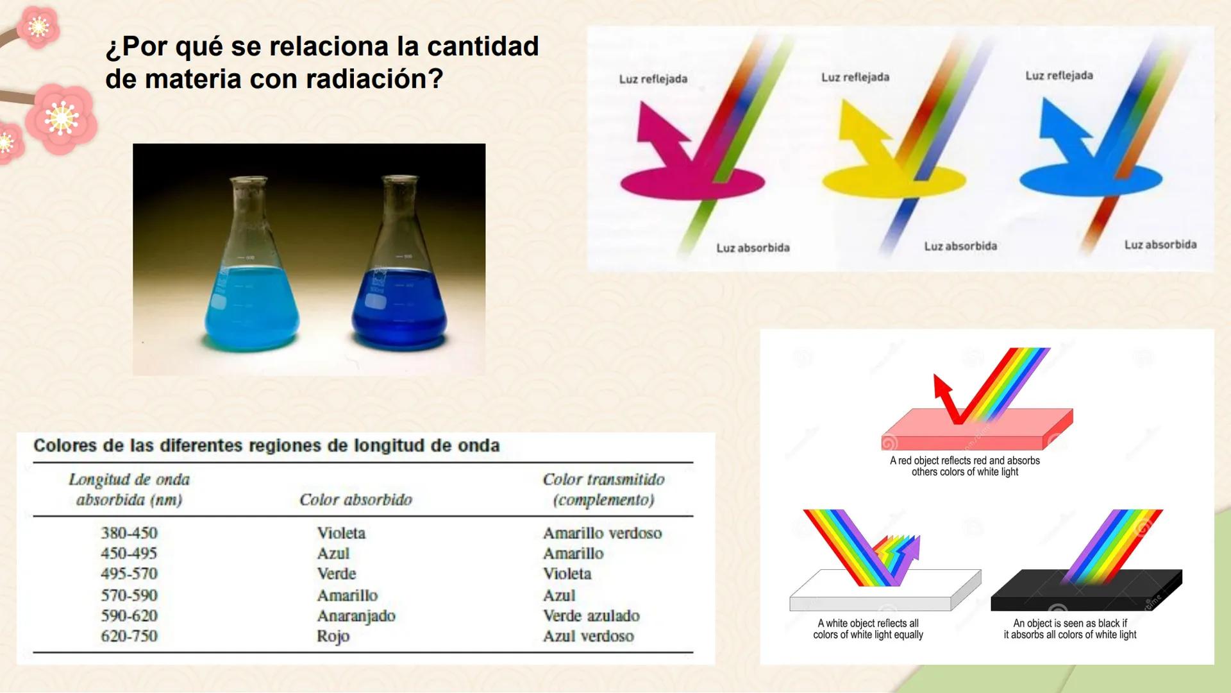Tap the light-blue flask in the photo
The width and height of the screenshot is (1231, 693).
pos(251,282)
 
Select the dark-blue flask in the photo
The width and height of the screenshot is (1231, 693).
pos(399,289)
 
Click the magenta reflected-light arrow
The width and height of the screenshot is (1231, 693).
pos(660,135)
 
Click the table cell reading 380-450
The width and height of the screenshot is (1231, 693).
pos(129,533)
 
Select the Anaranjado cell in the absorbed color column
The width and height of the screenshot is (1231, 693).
pos(356,616)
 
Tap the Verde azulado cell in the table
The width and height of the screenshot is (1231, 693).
pos(591,616)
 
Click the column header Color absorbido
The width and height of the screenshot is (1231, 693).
pos(356,500)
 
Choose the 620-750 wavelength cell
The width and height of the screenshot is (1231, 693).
pos(129,637)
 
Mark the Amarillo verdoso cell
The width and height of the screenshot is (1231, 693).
pos(602,533)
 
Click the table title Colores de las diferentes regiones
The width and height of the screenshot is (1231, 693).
pos(266,446)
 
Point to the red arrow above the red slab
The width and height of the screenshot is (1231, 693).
pos(948,398)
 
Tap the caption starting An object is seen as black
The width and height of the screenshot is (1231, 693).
pos(1069,629)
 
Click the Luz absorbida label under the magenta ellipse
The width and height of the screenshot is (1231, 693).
pos(753,248)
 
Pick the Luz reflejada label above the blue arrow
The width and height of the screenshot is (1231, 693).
pos(1059,76)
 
